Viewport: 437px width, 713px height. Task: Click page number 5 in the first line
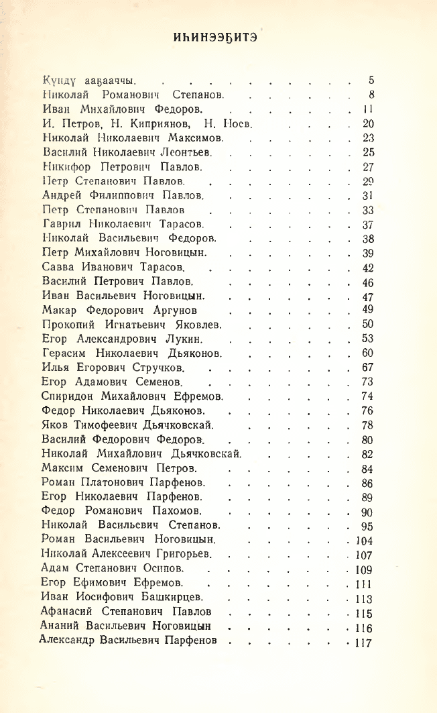click(371, 80)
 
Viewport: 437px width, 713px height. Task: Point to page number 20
click(368, 123)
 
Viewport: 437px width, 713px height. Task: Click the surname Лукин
click(201, 339)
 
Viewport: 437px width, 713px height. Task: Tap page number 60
click(367, 353)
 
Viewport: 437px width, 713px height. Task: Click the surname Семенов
click(155, 382)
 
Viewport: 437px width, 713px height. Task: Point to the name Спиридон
click(67, 396)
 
